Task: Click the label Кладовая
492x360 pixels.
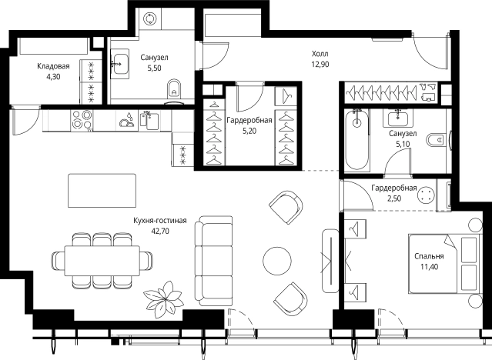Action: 53,66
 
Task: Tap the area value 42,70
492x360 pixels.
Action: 160,232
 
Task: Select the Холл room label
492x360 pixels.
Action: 320,54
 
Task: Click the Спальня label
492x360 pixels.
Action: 429,256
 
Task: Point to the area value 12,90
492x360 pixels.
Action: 320,65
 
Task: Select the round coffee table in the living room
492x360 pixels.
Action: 277,261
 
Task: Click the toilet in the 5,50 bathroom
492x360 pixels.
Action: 175,88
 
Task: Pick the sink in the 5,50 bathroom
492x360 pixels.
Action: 120,65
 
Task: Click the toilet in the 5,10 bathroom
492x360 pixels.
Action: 437,140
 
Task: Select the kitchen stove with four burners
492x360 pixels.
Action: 82,121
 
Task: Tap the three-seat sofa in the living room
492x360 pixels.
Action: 214,261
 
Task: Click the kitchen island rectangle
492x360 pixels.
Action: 102,191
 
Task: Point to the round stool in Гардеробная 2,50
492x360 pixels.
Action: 426,195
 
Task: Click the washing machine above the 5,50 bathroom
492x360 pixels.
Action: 149,18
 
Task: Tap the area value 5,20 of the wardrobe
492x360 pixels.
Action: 249,131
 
